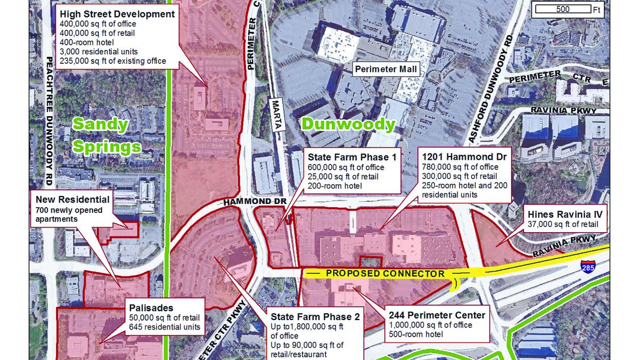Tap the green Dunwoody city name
348,125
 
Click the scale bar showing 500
562,9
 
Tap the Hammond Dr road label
255,202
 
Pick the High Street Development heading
117,14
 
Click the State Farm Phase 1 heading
352,157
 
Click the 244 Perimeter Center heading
437,315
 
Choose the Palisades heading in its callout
151,308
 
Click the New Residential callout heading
72,200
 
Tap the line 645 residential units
164,326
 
